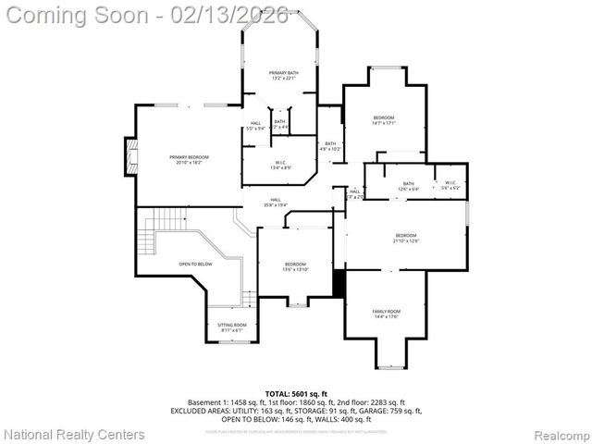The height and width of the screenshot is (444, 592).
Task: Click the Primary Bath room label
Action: [284, 75]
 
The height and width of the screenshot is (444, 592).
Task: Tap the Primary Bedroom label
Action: [189, 160]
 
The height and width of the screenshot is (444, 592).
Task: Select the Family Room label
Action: [387, 314]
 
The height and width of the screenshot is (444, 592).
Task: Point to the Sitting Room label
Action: [232, 327]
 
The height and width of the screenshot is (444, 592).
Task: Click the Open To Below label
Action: [195, 265]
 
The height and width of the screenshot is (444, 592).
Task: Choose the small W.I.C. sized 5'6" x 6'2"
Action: [450, 185]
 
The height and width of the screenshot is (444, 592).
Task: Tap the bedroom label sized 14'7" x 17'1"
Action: [384, 120]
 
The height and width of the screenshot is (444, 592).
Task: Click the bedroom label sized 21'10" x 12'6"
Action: [405, 238]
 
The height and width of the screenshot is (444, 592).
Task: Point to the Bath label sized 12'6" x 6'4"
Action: [408, 186]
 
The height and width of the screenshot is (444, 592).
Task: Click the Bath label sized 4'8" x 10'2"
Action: [330, 145]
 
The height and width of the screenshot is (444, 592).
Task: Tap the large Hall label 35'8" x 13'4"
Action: [276, 202]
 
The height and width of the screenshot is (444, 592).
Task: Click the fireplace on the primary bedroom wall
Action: [130, 156]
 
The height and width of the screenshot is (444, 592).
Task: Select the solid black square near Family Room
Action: [339, 284]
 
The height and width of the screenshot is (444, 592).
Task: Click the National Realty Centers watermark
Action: [75, 434]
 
